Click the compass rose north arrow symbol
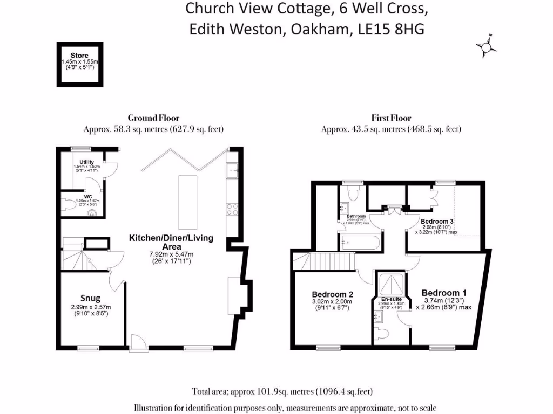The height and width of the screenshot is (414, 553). (x=487, y=47)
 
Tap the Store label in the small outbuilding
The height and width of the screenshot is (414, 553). (x=79, y=56)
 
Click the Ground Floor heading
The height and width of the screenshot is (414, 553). (x=153, y=118)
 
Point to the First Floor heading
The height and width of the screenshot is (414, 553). (x=391, y=118)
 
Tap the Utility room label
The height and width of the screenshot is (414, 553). (x=87, y=162)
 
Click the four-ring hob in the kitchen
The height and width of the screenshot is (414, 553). (x=233, y=209)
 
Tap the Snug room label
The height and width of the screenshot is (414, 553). (x=91, y=298)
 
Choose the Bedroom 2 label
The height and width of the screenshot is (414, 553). (x=333, y=294)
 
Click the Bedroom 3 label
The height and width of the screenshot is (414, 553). (x=437, y=222)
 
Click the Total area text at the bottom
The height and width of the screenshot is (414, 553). (x=282, y=391)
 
